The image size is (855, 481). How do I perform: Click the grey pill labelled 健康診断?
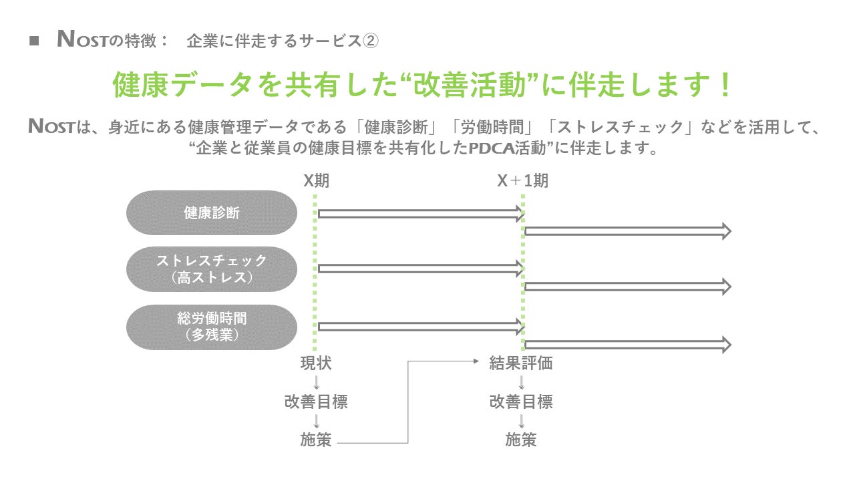pos(212,213)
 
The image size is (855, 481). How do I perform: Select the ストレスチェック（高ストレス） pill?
pos(212,269)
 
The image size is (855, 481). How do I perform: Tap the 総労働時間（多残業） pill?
pos(212,327)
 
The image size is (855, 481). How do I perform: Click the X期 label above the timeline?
pos(316,180)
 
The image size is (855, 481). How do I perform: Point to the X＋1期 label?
pos(523,180)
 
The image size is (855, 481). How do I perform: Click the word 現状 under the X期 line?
pos(316,363)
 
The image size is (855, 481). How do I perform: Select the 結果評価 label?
pos(521,363)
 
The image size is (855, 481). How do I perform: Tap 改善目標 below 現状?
pos(316,402)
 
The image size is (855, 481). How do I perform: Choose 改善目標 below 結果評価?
pos(521,402)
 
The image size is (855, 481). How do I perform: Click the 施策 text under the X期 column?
pos(316,440)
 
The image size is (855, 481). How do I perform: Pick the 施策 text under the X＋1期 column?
pos(521,440)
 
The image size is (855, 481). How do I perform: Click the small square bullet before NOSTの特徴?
pos(34,41)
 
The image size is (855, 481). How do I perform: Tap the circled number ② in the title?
pos(370,41)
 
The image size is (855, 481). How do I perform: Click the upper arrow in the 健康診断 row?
pos(421,214)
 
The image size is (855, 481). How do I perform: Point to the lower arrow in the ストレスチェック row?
pos(628,287)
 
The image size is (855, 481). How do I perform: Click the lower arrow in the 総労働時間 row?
pos(628,345)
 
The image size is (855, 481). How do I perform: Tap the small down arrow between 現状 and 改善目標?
pos(316,383)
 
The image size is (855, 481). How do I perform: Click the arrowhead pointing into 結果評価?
pos(478,362)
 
